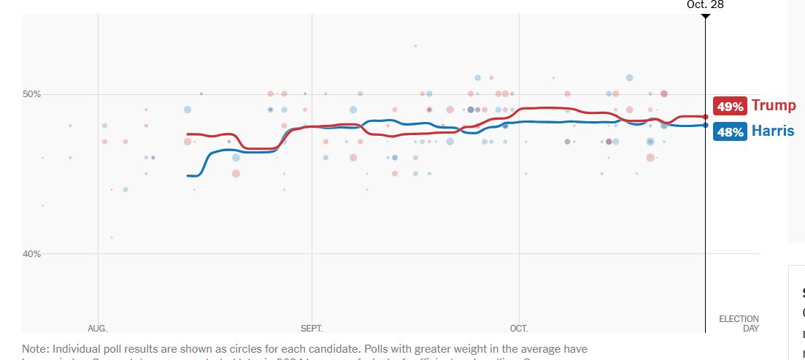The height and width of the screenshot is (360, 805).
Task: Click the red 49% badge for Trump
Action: (730, 107)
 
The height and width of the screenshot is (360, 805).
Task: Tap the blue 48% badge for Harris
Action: (730, 132)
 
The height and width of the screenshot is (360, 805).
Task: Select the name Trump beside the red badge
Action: (773, 106)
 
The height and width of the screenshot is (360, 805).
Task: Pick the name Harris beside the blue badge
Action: (773, 131)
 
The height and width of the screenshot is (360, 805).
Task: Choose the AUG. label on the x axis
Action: (97, 329)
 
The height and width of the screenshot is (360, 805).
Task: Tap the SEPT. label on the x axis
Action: (312, 329)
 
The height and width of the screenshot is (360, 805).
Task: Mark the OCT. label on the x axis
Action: (519, 329)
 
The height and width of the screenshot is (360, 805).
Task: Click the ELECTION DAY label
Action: (739, 324)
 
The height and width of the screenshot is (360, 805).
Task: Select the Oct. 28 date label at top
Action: (705, 4)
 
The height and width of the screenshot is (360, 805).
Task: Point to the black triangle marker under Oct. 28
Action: (705, 16)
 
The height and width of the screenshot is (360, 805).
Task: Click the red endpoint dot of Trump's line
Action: (706, 117)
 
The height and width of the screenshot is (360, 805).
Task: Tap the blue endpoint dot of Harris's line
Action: (706, 125)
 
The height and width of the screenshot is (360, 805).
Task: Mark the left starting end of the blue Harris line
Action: (188, 175)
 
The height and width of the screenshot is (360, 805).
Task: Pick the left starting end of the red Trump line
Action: (188, 134)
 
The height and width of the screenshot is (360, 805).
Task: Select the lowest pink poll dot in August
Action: (111, 237)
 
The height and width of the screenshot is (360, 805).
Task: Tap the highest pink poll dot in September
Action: (415, 45)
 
